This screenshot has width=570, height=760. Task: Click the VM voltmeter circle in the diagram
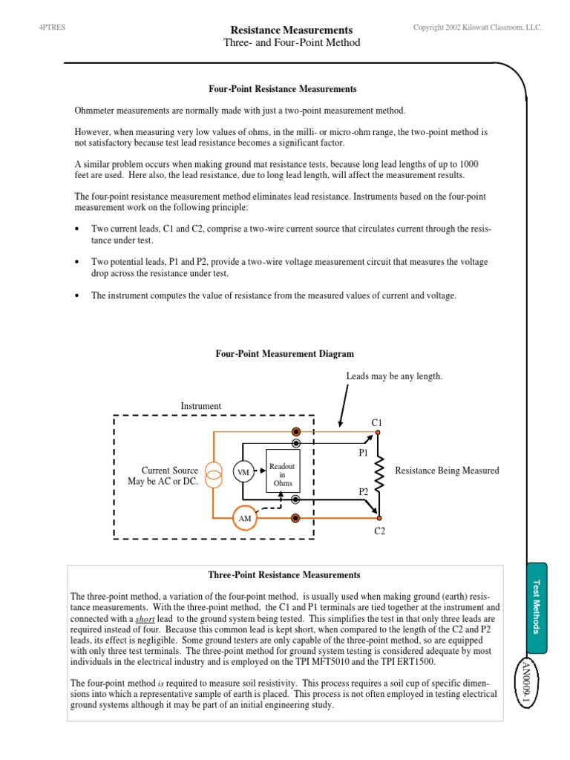[242, 472]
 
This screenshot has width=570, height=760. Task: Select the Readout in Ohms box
[283, 471]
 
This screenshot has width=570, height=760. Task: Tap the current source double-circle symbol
[214, 474]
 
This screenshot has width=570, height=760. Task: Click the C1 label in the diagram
[376, 422]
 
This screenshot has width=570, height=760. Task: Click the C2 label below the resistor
[379, 531]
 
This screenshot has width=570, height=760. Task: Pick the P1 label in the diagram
[364, 451]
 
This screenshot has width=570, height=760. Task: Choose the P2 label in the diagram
[364, 491]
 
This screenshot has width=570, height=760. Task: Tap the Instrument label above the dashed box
[201, 406]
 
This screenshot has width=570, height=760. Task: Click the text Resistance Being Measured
[447, 471]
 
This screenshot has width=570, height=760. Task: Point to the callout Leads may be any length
[394, 376]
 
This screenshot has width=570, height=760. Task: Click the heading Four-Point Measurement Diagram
[284, 354]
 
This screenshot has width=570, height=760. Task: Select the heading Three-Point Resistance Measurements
[285, 574]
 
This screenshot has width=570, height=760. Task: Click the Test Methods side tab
[538, 606]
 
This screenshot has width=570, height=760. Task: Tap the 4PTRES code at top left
[50, 27]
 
